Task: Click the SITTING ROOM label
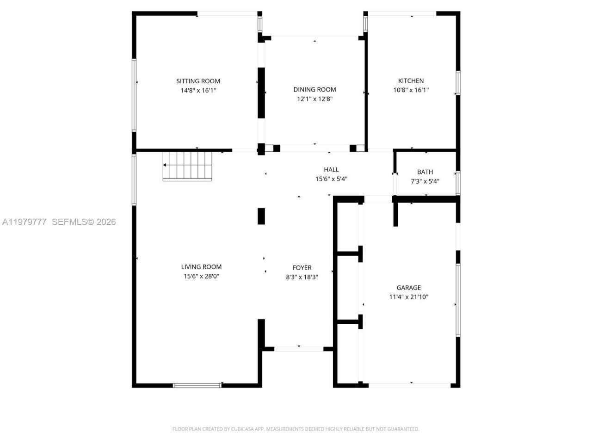(198, 81)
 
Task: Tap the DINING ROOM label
(314, 90)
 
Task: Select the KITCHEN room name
(411, 81)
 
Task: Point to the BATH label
(425, 172)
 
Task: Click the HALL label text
(331, 170)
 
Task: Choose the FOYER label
(302, 268)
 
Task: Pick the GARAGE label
(408, 288)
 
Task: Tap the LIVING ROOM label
(201, 267)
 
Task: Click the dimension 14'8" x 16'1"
(198, 91)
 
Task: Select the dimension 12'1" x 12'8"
(314, 99)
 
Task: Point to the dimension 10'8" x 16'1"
(411, 90)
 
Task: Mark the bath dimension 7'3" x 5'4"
(425, 181)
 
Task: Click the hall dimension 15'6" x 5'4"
(331, 179)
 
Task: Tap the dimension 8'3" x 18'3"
(302, 277)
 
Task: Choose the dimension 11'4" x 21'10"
(408, 297)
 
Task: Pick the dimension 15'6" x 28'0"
(201, 276)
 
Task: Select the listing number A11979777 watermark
(25, 222)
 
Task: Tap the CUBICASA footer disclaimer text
(296, 429)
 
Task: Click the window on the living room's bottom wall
(197, 385)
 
